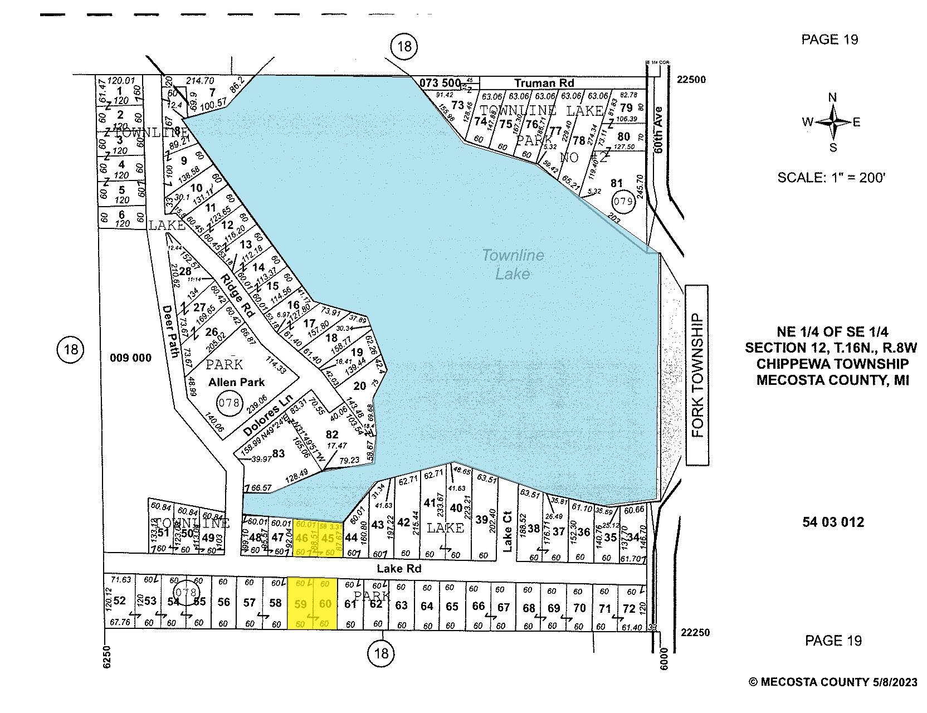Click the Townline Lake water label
(x=513, y=265)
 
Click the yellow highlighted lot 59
(x=300, y=604)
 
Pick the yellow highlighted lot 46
(x=302, y=538)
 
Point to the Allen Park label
(x=237, y=382)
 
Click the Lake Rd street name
(x=399, y=569)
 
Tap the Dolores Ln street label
(x=268, y=416)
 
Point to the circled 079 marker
(x=623, y=201)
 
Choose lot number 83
(x=278, y=453)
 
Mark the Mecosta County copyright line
(x=832, y=682)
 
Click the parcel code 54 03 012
(x=833, y=522)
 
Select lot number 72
(x=629, y=609)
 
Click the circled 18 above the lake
(x=404, y=46)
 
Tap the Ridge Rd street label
(x=237, y=295)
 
